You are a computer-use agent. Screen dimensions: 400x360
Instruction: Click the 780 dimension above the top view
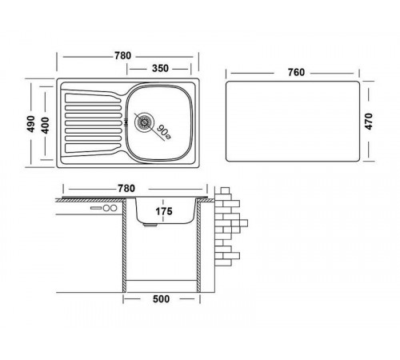point(123,55)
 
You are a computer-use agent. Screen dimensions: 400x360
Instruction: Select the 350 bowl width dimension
point(160,68)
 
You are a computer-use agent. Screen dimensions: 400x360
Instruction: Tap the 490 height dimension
point(31,124)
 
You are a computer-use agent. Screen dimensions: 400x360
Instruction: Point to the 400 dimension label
point(45,126)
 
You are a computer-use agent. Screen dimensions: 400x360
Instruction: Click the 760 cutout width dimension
point(296,72)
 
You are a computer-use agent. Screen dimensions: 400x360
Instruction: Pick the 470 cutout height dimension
point(369,122)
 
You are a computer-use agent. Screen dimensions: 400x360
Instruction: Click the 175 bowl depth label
point(164,211)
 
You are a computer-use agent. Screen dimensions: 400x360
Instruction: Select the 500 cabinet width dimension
point(161,299)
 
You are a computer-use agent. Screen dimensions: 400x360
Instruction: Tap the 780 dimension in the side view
point(126,189)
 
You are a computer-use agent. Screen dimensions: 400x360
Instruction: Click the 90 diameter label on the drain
point(163,132)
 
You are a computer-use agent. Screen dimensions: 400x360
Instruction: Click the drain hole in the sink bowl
point(144,122)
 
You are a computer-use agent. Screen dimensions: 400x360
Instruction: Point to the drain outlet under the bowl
point(150,225)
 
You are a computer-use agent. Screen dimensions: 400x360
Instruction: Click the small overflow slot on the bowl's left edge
point(126,122)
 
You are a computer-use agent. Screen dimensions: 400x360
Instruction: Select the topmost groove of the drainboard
point(92,98)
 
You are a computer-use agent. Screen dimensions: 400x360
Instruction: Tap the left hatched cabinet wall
point(124,246)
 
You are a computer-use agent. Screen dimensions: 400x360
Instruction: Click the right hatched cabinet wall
point(198,246)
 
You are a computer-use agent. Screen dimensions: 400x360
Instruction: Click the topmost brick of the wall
point(225,190)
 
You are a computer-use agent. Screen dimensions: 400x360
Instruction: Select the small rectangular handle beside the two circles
point(96,208)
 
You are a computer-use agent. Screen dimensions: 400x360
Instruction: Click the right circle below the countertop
point(114,208)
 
